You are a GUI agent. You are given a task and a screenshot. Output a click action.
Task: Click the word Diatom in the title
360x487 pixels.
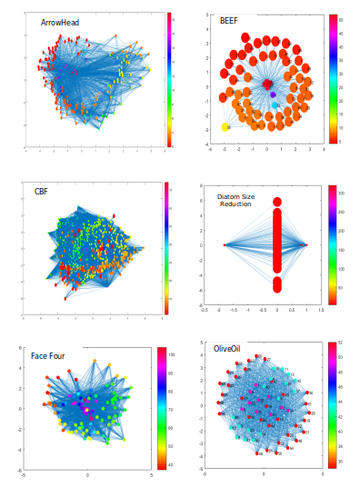(x=229, y=196)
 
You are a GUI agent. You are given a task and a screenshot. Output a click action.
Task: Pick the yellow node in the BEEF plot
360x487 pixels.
(x=225, y=127)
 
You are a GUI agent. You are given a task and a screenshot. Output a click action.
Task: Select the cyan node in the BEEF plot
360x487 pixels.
(x=275, y=106)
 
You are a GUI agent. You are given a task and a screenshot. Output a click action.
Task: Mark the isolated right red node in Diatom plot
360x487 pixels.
(x=305, y=245)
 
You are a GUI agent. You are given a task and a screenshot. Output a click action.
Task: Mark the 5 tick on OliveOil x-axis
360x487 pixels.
(x=322, y=472)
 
